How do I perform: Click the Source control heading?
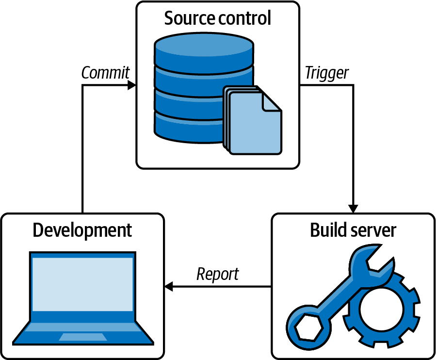point(217,18)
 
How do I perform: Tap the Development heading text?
point(82,230)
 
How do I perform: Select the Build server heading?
point(353,230)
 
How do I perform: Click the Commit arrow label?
point(105,73)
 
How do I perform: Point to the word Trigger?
point(326,73)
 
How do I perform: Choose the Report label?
point(218,274)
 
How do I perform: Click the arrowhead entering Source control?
point(131,85)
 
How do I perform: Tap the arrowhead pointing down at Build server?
point(354,208)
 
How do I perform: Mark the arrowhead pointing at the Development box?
point(169,287)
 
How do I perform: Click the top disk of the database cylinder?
point(204,49)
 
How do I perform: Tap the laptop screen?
point(82,284)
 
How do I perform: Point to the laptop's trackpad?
point(83,337)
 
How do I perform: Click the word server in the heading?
point(374,230)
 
